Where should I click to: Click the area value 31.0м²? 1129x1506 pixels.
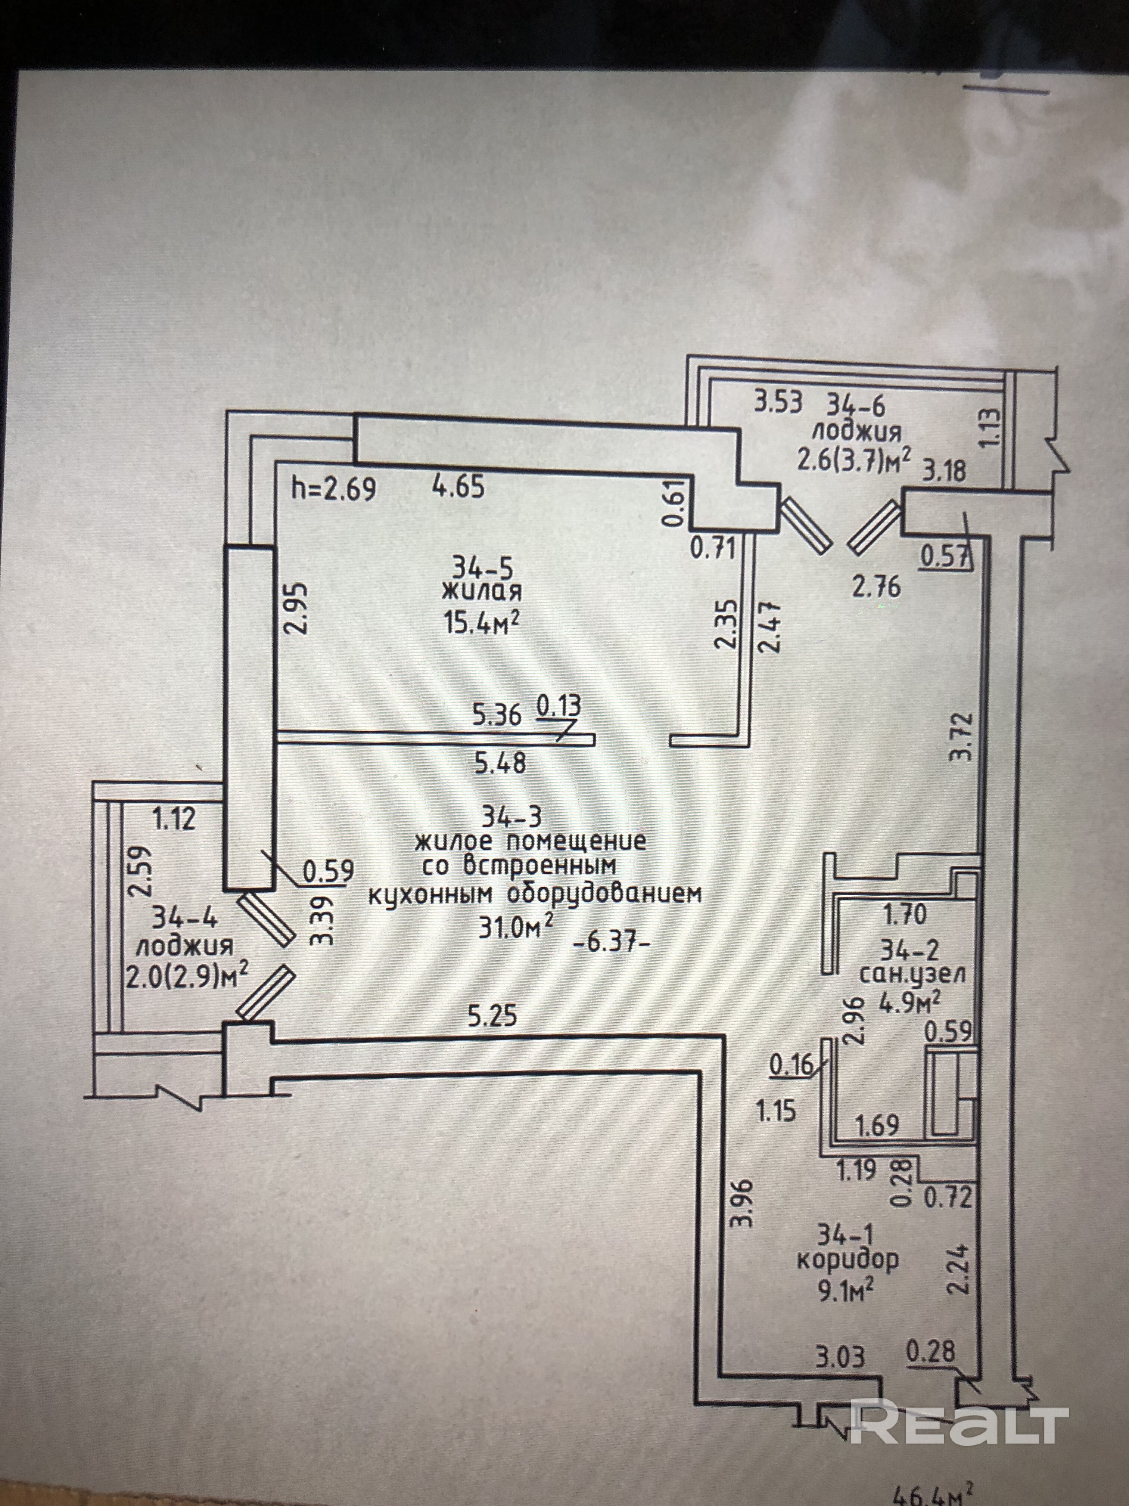click(x=515, y=927)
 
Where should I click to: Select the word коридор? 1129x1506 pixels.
click(x=847, y=1259)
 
